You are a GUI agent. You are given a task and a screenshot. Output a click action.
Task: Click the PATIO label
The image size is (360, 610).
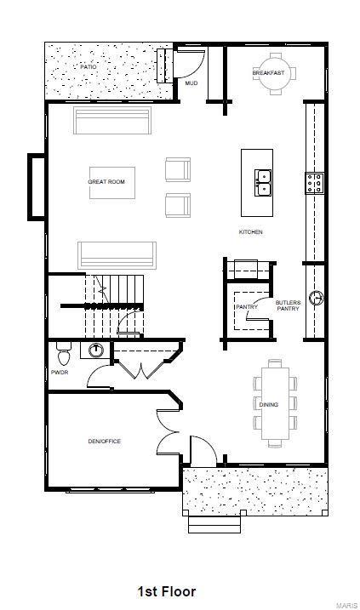[x=89, y=66]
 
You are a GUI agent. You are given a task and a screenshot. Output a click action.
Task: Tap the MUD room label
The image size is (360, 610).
[x=191, y=83]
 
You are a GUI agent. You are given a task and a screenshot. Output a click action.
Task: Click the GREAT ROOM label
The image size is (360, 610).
[x=106, y=182]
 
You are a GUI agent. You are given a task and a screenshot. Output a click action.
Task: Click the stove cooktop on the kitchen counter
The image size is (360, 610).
[x=314, y=182]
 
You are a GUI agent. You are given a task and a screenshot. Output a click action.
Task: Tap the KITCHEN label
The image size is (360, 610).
[x=250, y=232]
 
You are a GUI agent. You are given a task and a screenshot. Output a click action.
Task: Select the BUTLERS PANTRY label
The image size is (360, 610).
[x=288, y=305]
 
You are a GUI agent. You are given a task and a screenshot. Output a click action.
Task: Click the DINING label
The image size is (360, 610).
[x=268, y=405]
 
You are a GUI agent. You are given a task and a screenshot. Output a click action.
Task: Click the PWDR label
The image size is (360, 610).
[x=60, y=372]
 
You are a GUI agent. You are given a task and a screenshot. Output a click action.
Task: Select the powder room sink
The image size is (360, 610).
[x=95, y=350]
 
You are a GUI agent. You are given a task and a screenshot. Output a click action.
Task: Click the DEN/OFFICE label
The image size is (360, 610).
[x=105, y=441]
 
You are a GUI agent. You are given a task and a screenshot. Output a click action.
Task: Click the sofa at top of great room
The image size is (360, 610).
[x=112, y=121]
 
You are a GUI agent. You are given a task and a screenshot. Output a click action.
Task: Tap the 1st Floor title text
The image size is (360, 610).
[x=167, y=590]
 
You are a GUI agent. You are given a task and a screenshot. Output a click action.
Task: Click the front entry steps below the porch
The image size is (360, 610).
[x=214, y=524]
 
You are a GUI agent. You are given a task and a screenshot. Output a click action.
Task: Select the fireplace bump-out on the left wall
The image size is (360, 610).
[x=37, y=185]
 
